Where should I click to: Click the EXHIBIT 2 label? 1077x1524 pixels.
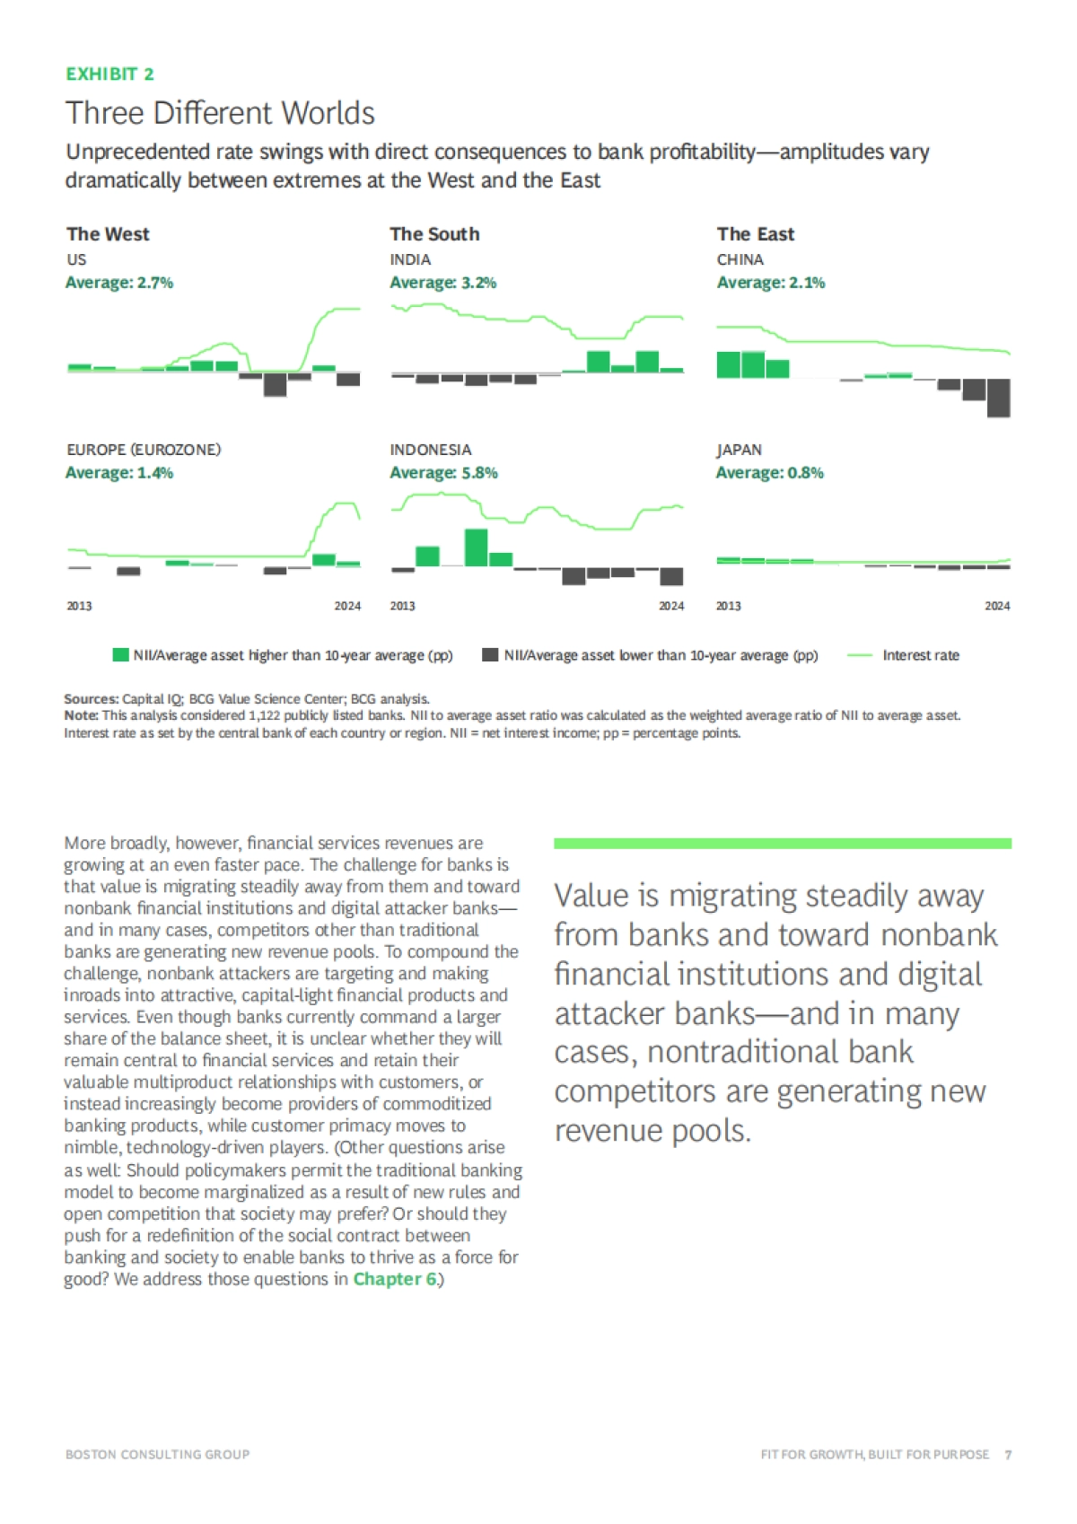coord(109,74)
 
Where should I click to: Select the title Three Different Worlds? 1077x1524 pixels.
coord(220,113)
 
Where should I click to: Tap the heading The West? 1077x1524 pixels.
coord(108,234)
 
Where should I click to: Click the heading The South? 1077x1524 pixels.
coord(434,234)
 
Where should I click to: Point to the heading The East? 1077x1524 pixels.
coord(756,234)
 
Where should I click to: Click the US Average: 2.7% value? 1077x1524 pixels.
coord(119,283)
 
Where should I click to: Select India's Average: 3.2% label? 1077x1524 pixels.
coord(442,283)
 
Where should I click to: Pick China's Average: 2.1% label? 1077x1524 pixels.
coord(770,283)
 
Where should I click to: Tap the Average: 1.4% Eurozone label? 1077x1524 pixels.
coord(119,473)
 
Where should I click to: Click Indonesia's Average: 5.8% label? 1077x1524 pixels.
coord(443,473)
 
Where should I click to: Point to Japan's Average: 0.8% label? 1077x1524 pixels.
coord(769,473)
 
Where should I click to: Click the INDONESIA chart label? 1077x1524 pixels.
coord(431,450)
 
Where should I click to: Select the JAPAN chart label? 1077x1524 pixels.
coord(739,450)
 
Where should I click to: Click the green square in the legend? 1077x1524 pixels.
coord(120,655)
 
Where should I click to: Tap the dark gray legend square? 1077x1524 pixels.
coord(490,655)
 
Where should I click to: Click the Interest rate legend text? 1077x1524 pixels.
coord(921,655)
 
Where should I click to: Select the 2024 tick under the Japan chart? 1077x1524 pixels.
coord(997,606)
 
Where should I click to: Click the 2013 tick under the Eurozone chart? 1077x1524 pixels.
coord(79,606)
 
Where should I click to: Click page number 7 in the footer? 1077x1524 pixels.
coord(1008,1455)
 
